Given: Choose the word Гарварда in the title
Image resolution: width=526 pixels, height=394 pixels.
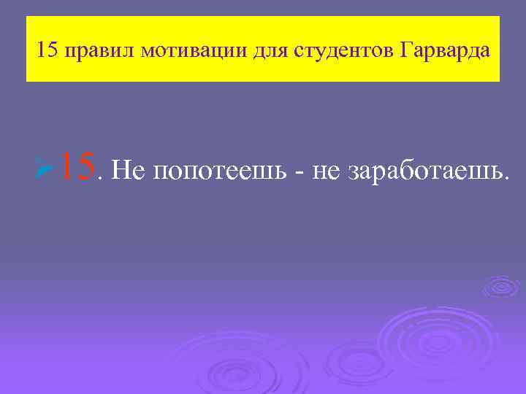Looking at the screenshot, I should [445, 52].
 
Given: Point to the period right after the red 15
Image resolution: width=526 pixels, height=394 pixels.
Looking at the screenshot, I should [100, 177].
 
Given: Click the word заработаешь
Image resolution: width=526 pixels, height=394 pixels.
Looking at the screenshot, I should [424, 171].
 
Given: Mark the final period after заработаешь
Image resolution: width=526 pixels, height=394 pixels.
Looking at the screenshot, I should [502, 178].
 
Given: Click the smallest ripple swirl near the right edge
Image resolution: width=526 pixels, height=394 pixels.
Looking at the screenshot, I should [500, 286].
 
